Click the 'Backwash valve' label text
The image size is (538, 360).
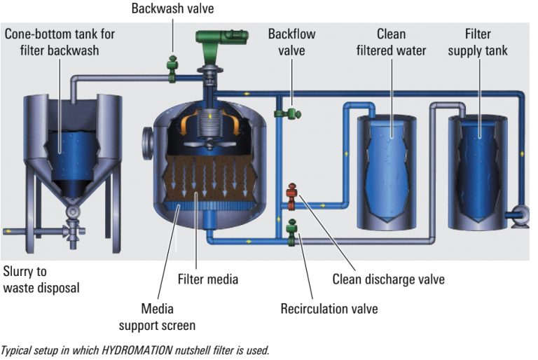172,8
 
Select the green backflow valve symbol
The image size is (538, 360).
287,112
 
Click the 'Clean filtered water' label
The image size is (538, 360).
391,42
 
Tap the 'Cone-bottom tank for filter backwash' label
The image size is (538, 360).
60,42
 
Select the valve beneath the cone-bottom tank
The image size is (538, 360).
70,228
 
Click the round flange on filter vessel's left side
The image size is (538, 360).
148,143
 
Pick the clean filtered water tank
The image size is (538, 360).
386,172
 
